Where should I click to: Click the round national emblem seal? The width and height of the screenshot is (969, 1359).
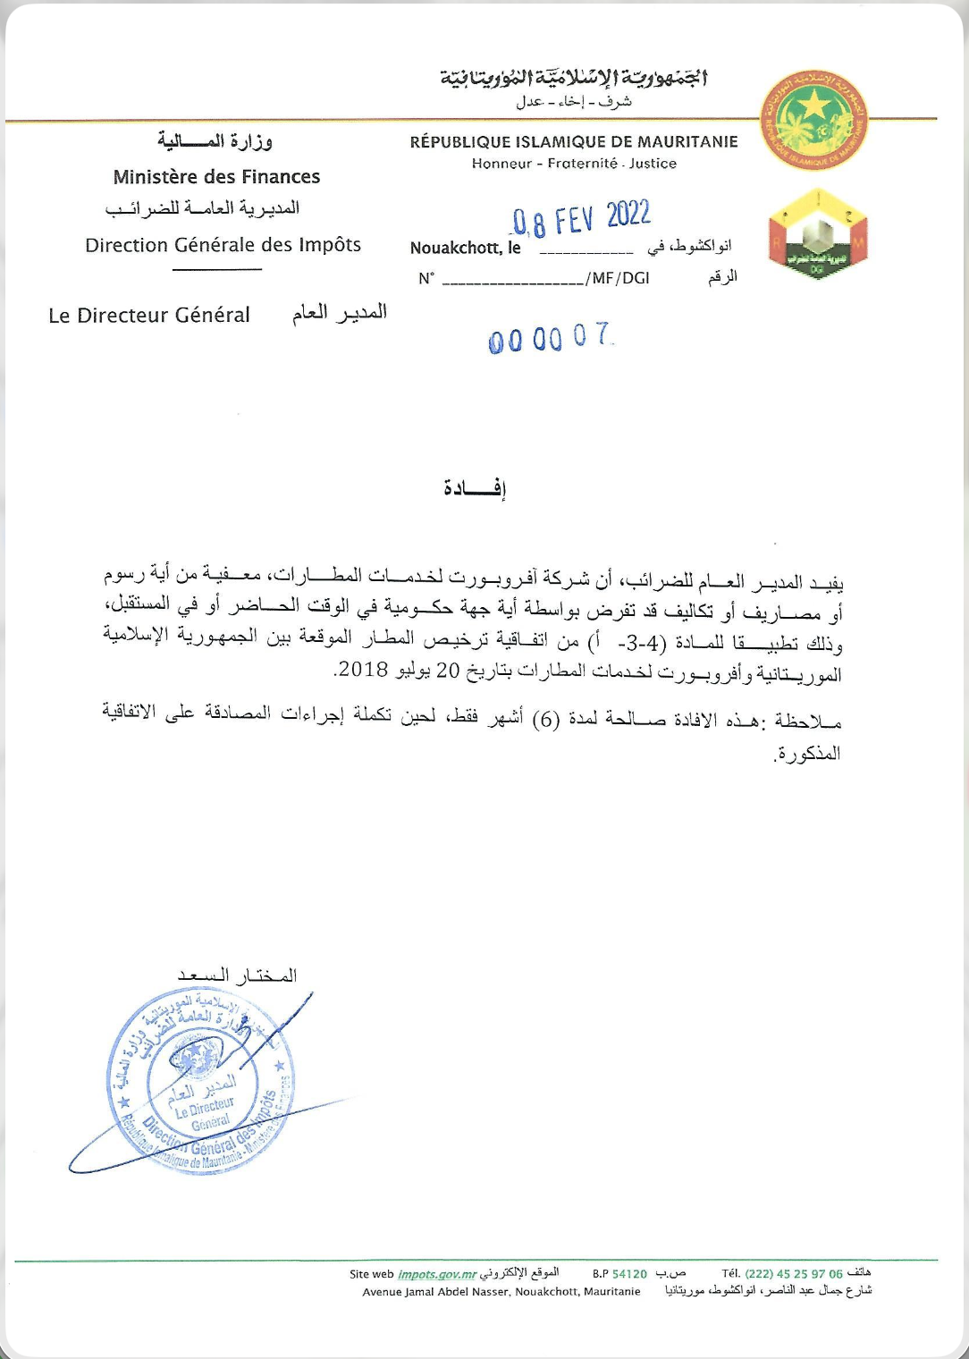(x=813, y=122)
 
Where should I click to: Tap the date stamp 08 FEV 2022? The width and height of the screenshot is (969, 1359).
(x=581, y=217)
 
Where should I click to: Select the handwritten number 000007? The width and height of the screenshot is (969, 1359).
(x=551, y=338)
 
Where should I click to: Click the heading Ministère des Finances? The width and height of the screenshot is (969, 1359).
(x=216, y=177)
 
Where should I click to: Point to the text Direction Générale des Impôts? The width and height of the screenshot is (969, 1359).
(x=223, y=245)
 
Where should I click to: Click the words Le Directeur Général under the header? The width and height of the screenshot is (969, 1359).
(x=149, y=316)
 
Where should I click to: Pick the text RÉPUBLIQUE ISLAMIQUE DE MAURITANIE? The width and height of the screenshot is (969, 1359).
(x=573, y=142)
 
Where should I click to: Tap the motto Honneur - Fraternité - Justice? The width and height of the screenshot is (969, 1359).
(x=574, y=164)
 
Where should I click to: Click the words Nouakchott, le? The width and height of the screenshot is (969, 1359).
(x=465, y=249)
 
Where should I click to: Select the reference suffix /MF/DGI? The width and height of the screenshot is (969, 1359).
(x=618, y=278)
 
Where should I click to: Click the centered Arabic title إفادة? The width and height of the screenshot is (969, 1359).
(x=475, y=488)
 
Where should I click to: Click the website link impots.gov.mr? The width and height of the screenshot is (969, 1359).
(x=436, y=1274)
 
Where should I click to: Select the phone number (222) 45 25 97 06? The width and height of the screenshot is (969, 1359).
(x=793, y=1274)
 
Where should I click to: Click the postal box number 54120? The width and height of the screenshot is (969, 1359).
(x=629, y=1274)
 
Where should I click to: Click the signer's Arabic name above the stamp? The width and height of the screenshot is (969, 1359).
(x=237, y=975)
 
